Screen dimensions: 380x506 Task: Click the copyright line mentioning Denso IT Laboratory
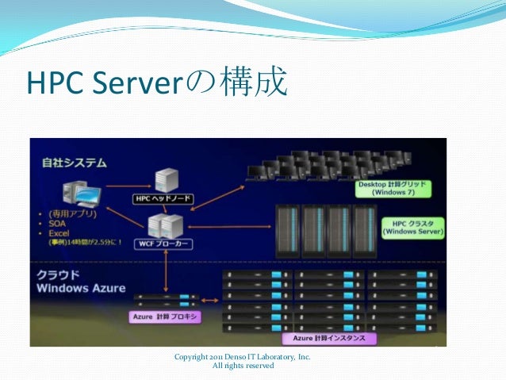point(243,358)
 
